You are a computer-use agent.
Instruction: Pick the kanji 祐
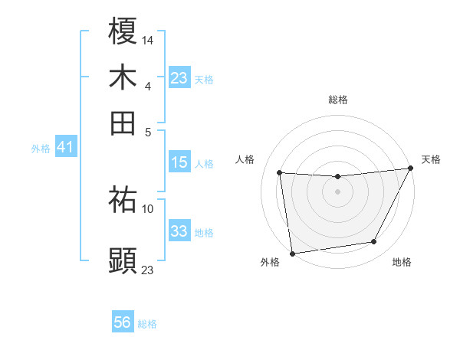(123, 200)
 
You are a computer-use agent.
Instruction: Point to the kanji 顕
(123, 260)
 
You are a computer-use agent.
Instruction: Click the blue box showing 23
(179, 78)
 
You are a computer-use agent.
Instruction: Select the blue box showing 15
(179, 162)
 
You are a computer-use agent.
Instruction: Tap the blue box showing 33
(179, 231)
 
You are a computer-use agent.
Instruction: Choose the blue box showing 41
(64, 147)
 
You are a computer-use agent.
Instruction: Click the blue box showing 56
(123, 322)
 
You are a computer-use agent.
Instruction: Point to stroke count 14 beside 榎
(148, 39)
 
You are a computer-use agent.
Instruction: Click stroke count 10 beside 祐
(148, 208)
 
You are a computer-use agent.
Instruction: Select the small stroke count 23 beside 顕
(148, 269)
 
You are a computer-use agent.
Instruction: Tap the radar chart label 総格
(337, 100)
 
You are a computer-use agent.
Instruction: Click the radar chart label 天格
(431, 159)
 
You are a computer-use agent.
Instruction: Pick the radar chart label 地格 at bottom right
(402, 263)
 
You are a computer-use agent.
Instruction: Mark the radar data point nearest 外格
(291, 253)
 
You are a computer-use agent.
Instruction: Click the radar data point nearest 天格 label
(410, 169)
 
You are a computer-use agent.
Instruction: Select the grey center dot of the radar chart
(337, 191)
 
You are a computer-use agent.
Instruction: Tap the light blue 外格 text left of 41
(41, 149)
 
